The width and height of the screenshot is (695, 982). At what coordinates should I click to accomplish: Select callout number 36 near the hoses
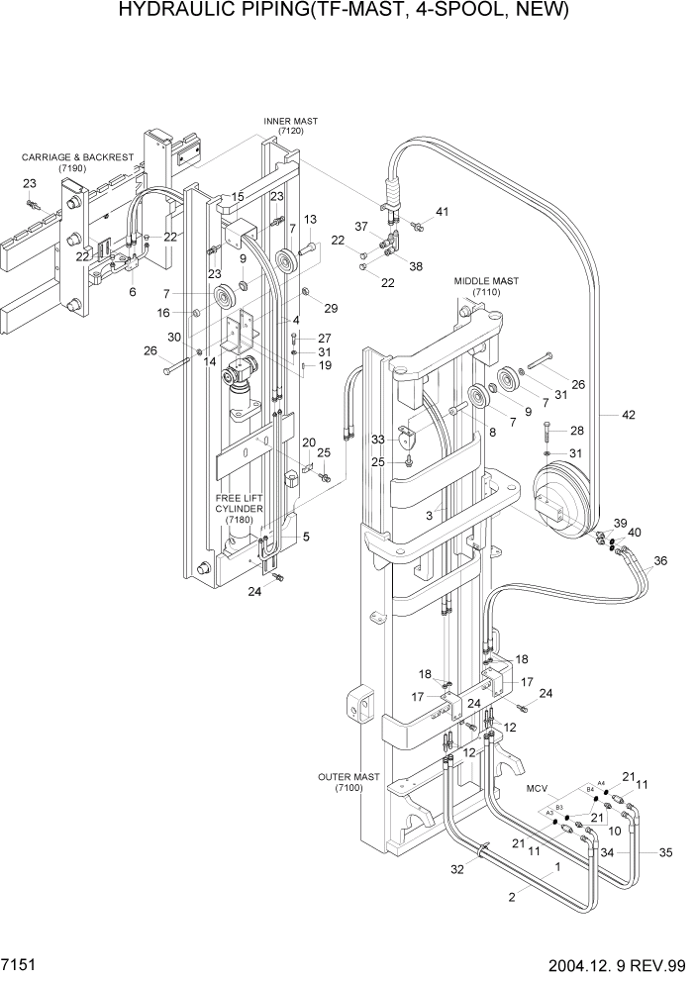pos(660,561)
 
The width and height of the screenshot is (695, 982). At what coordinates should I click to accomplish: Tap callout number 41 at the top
pos(442,211)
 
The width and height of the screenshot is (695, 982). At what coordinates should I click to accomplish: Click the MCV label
pos(536,789)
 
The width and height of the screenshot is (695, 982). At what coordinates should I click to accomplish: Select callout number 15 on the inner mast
pos(238,198)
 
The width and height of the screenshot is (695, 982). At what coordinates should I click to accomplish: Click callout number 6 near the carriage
pos(132,292)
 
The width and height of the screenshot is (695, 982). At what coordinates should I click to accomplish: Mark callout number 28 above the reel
pos(576,430)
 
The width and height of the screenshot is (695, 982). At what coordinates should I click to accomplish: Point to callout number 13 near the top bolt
pos(310,219)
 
